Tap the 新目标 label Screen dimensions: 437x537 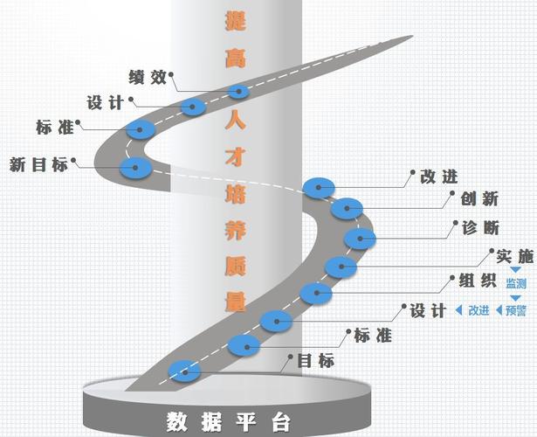[x=38, y=163]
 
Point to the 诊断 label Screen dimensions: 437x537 [x=480, y=228]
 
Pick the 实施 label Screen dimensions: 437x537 [x=513, y=257]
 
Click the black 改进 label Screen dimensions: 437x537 [x=438, y=176]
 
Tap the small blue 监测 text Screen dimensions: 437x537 [x=515, y=284]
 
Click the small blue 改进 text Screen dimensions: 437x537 [x=478, y=310]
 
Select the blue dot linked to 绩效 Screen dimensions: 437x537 [x=238, y=91]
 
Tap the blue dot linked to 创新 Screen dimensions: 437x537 [x=347, y=208]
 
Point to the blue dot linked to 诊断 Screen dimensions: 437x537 [x=358, y=237]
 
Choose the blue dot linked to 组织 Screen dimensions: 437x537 [x=315, y=292]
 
